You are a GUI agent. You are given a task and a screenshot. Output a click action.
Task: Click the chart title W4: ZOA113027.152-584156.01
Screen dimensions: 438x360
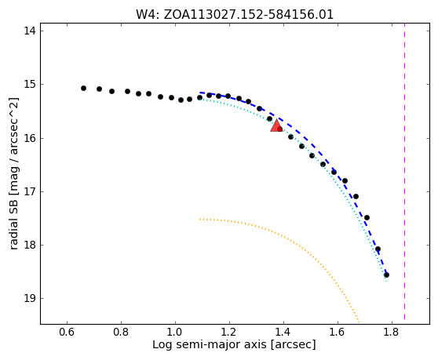[x=235, y=15]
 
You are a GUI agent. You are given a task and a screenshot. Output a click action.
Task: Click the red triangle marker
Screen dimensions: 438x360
[x=276, y=125]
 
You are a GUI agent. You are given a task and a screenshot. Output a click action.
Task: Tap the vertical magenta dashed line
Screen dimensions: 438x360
[x=404, y=172]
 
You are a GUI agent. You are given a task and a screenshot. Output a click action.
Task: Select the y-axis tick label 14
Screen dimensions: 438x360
[x=30, y=31]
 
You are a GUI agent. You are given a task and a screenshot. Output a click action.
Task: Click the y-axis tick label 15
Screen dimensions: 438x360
[x=30, y=84]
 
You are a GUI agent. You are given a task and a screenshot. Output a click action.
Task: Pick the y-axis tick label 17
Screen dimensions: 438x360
[x=30, y=191]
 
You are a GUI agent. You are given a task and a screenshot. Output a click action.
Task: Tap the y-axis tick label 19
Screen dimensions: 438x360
[x=30, y=299]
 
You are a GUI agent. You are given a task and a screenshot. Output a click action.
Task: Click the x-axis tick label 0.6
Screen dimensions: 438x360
[x=67, y=332]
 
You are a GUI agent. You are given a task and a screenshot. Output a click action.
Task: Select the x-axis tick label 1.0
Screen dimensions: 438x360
[x=175, y=332]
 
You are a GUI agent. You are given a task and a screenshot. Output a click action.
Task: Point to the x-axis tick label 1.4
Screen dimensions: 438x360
[x=283, y=332]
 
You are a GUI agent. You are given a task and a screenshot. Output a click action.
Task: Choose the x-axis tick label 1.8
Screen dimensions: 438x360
[x=392, y=332]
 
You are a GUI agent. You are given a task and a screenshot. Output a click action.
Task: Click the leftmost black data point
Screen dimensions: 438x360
[x=83, y=88]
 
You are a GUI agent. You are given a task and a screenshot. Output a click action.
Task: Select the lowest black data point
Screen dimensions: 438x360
[x=387, y=275]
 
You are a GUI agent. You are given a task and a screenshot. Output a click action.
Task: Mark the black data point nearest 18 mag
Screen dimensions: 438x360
[x=378, y=249]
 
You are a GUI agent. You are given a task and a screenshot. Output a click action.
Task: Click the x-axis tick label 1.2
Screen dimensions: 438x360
[x=229, y=332]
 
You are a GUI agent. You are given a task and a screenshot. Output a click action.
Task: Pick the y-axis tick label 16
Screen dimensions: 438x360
[x=30, y=138]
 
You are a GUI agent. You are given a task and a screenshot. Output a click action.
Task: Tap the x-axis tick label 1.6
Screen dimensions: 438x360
[x=338, y=332]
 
